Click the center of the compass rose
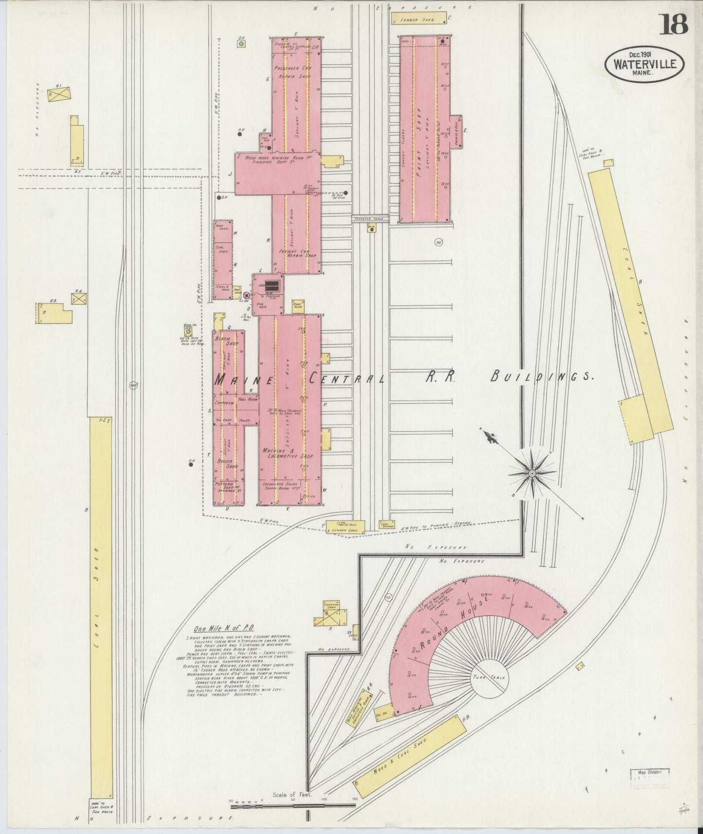point(532,472)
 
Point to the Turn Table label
point(489,677)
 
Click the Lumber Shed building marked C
point(419,19)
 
